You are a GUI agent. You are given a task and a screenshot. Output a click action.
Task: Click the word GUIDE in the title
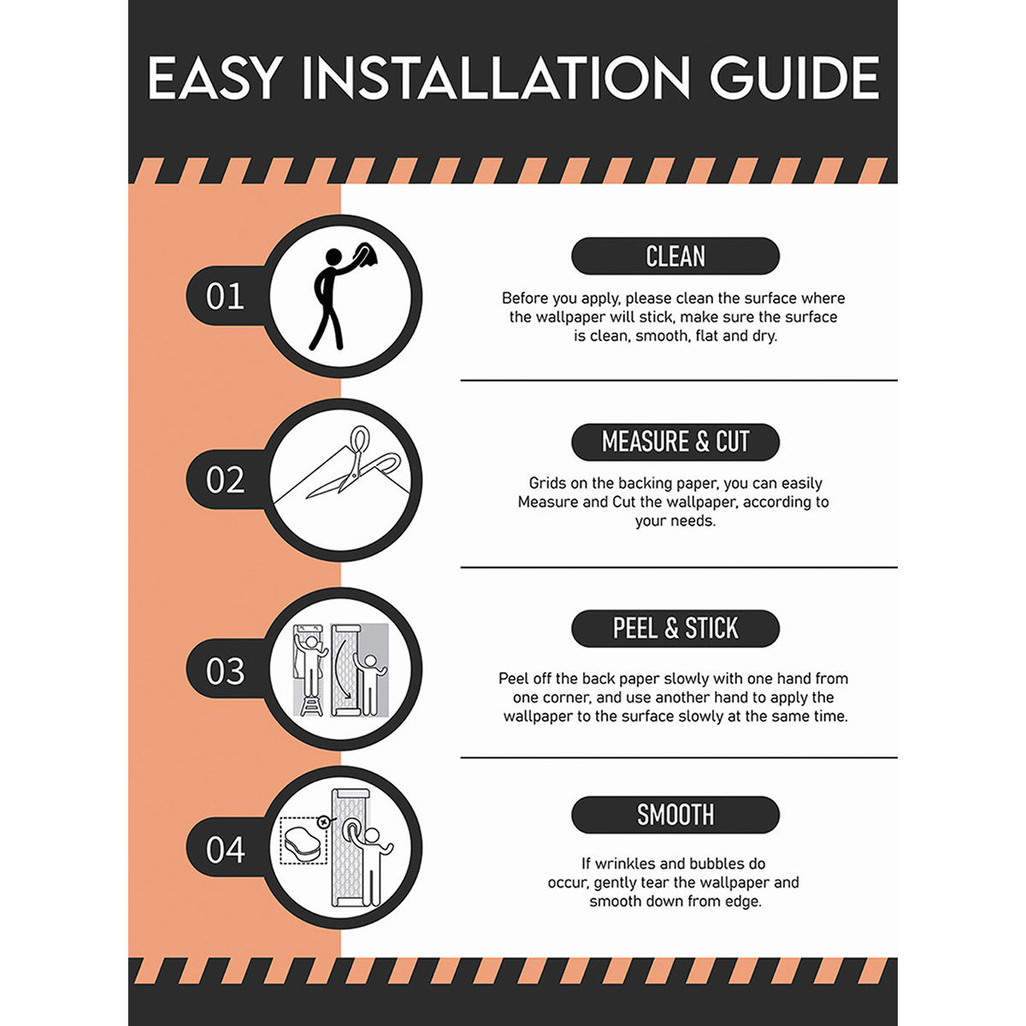794,78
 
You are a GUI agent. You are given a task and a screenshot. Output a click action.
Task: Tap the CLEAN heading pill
675,256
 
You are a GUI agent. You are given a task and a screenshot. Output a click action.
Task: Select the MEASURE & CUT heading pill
675,442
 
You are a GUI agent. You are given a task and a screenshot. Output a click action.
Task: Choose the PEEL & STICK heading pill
675,628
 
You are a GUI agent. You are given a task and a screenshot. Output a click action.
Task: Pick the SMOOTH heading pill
675,815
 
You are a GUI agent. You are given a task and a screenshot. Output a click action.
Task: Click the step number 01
225,297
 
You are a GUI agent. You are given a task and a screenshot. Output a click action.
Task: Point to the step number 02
225,480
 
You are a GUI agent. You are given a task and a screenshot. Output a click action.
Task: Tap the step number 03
225,671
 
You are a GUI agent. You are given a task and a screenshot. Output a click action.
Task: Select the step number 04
225,849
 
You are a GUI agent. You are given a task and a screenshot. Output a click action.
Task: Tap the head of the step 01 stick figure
333,256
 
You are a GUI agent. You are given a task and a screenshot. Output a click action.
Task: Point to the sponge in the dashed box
304,846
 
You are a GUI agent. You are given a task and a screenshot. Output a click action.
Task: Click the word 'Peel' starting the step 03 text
513,679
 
